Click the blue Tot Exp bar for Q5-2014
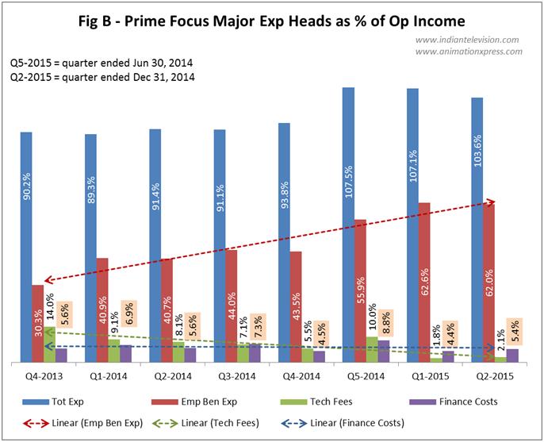(x=348, y=159)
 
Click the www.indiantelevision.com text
(x=468, y=39)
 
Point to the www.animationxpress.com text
(x=468, y=52)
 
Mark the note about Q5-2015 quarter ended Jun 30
(x=102, y=62)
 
